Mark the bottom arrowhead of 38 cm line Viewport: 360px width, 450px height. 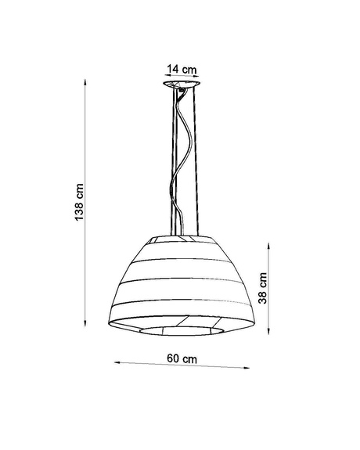click(270, 332)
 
